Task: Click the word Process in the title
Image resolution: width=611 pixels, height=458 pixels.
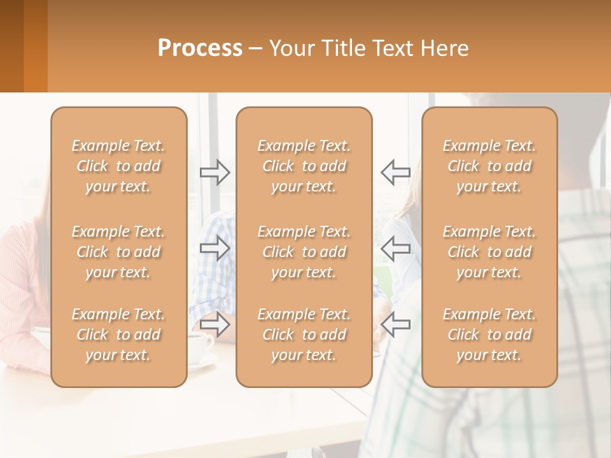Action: [x=200, y=48]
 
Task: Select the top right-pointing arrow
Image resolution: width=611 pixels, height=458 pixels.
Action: [x=215, y=172]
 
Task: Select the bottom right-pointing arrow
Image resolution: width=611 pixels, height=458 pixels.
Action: [x=215, y=324]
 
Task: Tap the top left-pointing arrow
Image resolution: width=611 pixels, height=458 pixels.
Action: [x=395, y=172]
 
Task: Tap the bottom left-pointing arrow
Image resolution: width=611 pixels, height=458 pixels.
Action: [x=395, y=324]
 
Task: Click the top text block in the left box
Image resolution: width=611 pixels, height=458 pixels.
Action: [x=118, y=166]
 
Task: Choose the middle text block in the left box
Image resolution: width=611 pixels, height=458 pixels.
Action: [x=118, y=252]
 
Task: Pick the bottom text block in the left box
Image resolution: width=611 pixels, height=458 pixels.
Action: [x=118, y=335]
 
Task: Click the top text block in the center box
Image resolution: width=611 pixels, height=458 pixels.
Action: [x=304, y=166]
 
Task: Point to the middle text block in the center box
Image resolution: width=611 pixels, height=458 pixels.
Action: [x=304, y=252]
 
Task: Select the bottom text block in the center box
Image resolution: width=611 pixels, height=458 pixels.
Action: [x=304, y=335]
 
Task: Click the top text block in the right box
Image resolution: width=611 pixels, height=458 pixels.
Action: [x=489, y=166]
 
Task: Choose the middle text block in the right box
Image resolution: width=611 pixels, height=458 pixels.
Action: [x=489, y=252]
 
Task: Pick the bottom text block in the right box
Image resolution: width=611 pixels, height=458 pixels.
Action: [x=489, y=335]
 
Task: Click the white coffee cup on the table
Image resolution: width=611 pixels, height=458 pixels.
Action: [x=200, y=347]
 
